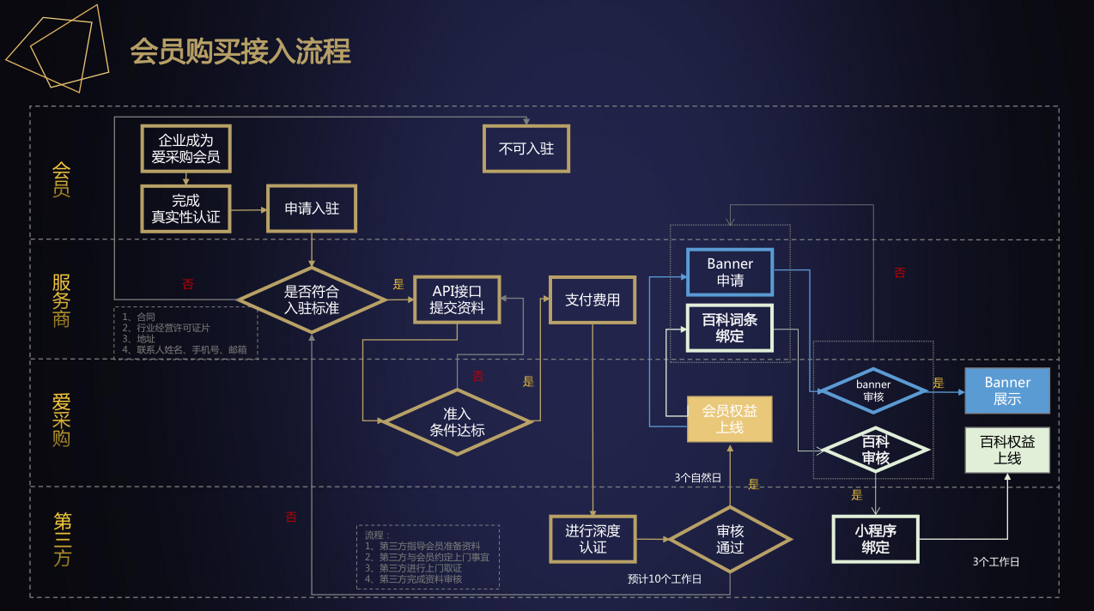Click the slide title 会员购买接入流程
click(240, 51)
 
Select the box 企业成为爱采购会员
click(185, 148)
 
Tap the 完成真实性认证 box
click(185, 209)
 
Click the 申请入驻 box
click(312, 209)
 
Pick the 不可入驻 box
click(526, 148)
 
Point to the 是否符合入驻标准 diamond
click(312, 299)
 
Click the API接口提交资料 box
click(457, 299)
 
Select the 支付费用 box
click(593, 299)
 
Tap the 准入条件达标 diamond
click(457, 421)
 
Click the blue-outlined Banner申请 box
click(730, 272)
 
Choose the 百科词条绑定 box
click(730, 328)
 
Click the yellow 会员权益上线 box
click(729, 419)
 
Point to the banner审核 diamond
click(873, 390)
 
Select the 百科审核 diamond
click(875, 450)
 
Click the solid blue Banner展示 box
click(1007, 390)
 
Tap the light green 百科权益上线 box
click(1007, 450)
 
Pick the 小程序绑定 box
click(875, 539)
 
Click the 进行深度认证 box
click(593, 539)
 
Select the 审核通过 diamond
click(730, 539)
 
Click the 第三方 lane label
click(62, 539)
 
